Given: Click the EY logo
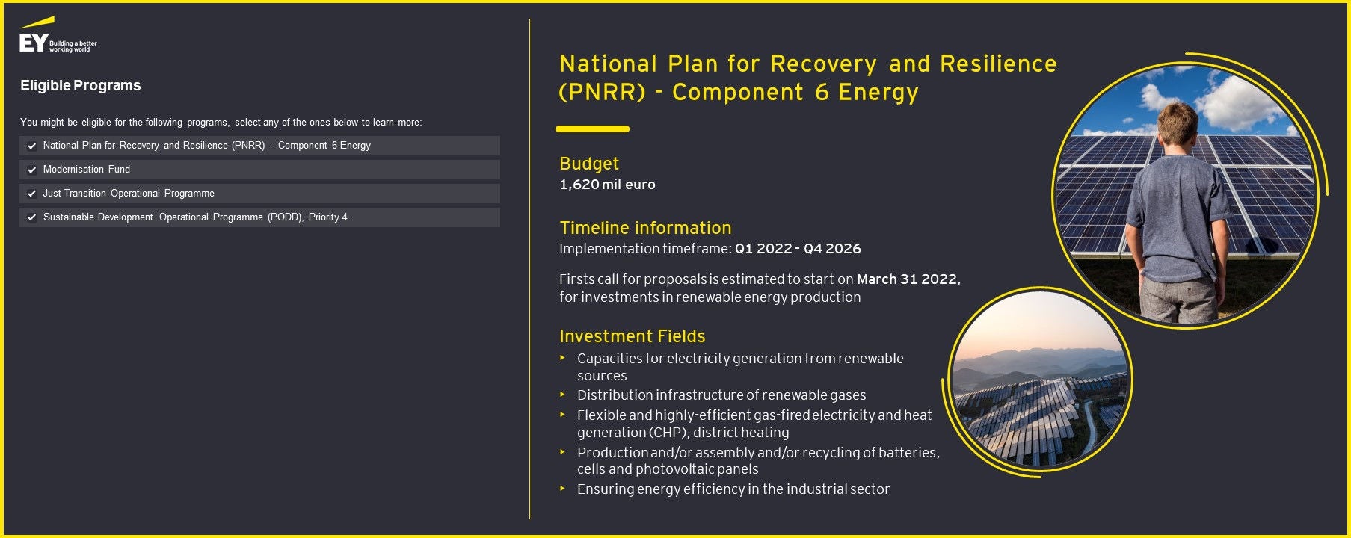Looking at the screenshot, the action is [x=58, y=35].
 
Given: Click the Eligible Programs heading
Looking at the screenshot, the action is [x=81, y=86].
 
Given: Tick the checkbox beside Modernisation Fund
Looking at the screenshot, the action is [x=32, y=170].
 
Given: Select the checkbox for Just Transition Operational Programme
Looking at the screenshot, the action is [x=32, y=194].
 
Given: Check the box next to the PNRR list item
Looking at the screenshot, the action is [x=32, y=146].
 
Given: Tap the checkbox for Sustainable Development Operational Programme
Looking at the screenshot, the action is [x=32, y=218].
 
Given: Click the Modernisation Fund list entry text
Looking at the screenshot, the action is [x=87, y=170].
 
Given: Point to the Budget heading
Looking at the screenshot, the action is [x=589, y=164].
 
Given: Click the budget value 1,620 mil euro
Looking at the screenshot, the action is [x=607, y=185].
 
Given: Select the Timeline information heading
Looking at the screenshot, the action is [x=645, y=228].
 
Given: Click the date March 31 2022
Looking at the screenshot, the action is [x=907, y=279].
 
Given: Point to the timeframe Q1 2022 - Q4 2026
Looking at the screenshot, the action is [x=798, y=249].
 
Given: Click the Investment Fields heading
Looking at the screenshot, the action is [x=632, y=336].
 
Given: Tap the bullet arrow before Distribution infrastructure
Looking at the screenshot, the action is [x=562, y=395].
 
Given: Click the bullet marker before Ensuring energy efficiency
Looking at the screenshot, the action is [x=562, y=489].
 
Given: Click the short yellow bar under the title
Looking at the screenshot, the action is [x=592, y=129].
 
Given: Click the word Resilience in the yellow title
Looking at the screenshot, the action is [x=998, y=64].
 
